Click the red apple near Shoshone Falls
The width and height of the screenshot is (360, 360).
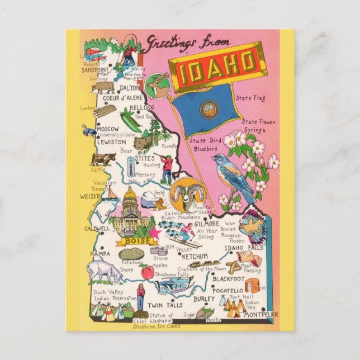146,272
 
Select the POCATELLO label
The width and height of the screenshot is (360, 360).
228,291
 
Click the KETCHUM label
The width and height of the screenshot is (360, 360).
195,256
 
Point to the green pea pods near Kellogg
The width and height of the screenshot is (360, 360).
129,118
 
